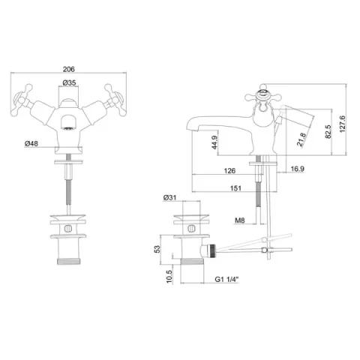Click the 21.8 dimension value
tap(280, 139)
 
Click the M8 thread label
tap(240, 220)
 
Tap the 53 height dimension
tap(157, 249)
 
